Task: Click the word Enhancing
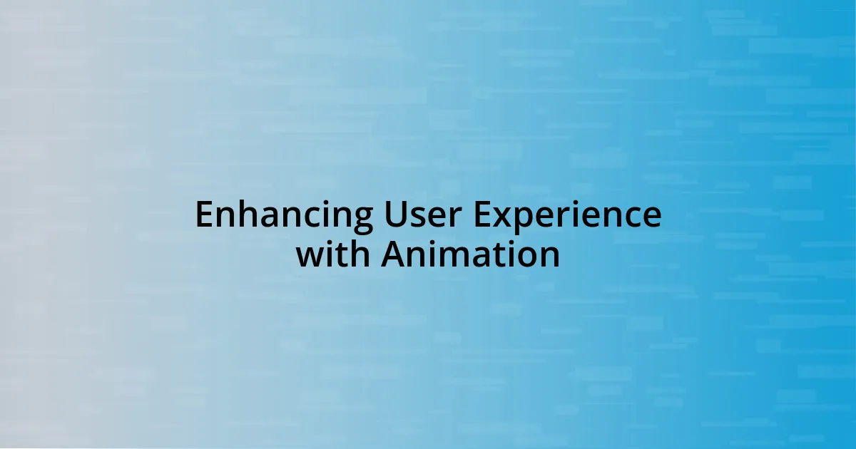tap(285, 217)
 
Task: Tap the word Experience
tap(568, 217)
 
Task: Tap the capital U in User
tap(395, 215)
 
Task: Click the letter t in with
tap(344, 255)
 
